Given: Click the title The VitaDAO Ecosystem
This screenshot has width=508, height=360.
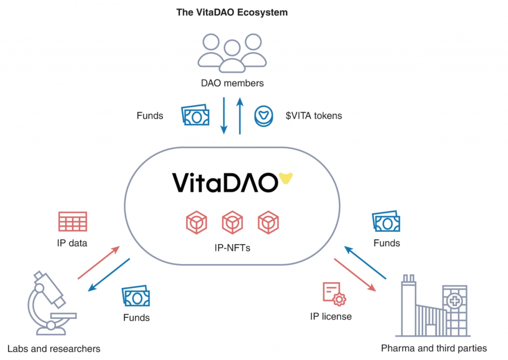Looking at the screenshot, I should coord(232,12).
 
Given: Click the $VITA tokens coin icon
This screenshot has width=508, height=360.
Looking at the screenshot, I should coord(263,115).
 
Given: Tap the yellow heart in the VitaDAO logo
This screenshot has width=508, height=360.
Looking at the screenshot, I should coord(285,178).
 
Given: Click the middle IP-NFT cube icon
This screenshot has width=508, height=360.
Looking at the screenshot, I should coord(232,223).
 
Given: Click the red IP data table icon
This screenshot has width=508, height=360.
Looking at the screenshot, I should coord(72,221).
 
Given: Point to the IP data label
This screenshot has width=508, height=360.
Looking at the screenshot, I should coord(72,243).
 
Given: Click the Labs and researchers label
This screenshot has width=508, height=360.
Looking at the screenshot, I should coord(54,349).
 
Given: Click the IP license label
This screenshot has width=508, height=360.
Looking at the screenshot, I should coord(331,316).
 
